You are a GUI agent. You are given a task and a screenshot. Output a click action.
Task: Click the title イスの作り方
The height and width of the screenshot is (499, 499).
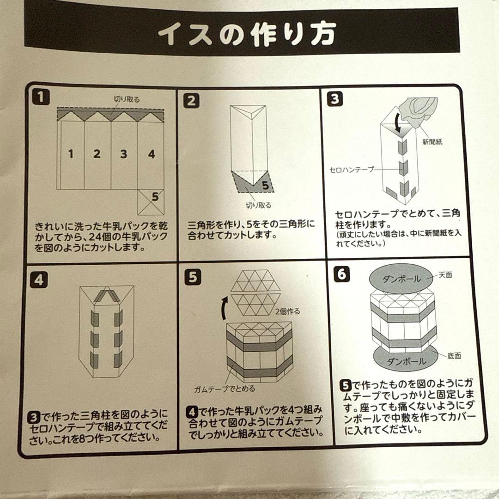tap(247, 34)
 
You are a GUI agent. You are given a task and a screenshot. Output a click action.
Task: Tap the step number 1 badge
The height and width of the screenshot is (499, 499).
tap(41, 97)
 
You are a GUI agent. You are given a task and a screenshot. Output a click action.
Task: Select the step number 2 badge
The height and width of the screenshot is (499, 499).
tap(192, 101)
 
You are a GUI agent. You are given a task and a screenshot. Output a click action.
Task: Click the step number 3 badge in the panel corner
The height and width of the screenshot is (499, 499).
tap(335, 99)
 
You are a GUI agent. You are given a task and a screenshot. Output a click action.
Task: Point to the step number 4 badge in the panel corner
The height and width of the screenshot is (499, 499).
tap(39, 280)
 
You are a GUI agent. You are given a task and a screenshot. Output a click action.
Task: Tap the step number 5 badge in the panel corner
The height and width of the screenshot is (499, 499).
tap(193, 277)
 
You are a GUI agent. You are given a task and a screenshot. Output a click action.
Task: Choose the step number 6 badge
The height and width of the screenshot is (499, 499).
tap(341, 274)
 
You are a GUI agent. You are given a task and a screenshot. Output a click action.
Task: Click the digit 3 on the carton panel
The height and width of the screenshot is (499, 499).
tap(123, 154)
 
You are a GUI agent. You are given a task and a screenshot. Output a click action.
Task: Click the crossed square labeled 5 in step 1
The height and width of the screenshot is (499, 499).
tap(151, 202)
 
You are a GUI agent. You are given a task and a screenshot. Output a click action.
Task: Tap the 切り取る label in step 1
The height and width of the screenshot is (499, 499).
tap(127, 99)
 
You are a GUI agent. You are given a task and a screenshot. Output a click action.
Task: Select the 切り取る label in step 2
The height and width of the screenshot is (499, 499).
tap(258, 205)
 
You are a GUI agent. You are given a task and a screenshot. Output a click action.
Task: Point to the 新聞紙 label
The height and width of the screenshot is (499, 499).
tap(432, 142)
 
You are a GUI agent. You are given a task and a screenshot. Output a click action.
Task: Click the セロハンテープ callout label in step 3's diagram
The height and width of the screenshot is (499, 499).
tap(352, 169)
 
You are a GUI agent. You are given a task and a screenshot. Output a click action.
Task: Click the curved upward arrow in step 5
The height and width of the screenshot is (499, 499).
tap(225, 308)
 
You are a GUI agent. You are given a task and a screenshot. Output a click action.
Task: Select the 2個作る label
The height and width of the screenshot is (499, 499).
tap(288, 311)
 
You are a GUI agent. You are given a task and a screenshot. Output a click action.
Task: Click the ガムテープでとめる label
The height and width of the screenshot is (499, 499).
tap(225, 389)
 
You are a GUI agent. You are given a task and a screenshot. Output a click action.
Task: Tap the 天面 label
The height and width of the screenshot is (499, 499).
tap(445, 274)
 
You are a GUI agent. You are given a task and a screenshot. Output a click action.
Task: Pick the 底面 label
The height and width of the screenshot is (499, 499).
tap(454, 356)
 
